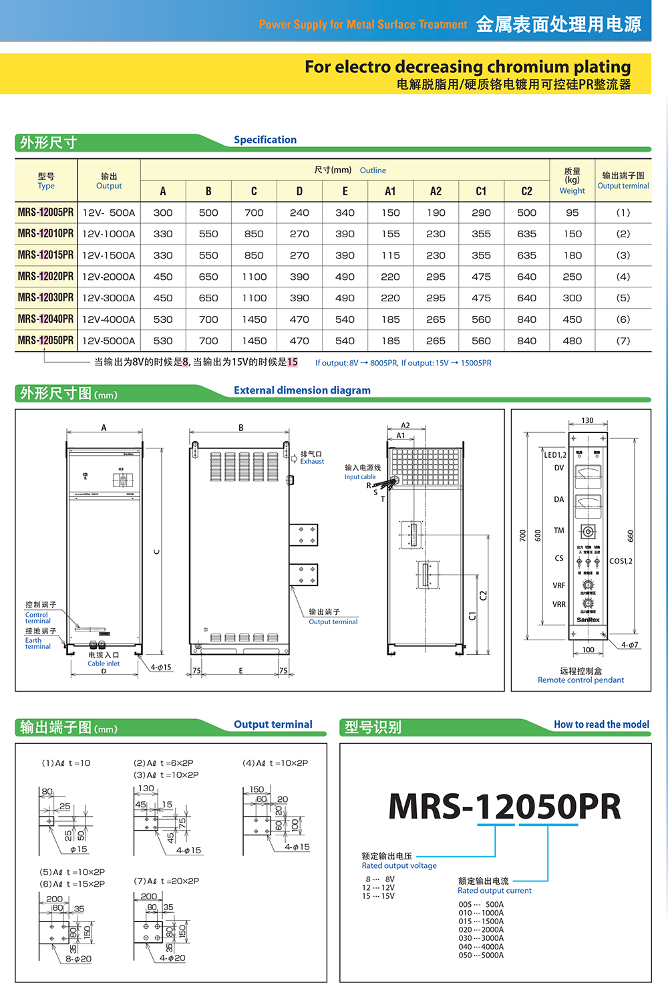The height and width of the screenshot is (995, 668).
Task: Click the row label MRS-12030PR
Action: pyautogui.click(x=45, y=297)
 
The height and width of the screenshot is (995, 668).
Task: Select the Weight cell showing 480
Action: pyautogui.click(x=572, y=341)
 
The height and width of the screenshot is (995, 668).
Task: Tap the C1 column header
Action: pyautogui.click(x=481, y=191)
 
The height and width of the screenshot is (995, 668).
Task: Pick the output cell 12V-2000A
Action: pyautogui.click(x=109, y=277)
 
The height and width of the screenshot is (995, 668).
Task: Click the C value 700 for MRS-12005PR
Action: pyautogui.click(x=254, y=212)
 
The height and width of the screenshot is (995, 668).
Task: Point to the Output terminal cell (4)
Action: pyautogui.click(x=623, y=277)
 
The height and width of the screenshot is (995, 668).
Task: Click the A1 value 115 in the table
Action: pyautogui.click(x=390, y=255)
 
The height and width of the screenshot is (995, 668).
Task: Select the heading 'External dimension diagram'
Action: pyautogui.click(x=302, y=390)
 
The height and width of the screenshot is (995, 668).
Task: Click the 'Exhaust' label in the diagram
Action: pyautogui.click(x=312, y=462)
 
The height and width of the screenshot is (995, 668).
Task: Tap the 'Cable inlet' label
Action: pyautogui.click(x=104, y=664)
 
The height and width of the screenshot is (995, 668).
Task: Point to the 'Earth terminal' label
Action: pyautogui.click(x=37, y=644)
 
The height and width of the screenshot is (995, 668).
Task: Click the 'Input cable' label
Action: pyautogui.click(x=360, y=477)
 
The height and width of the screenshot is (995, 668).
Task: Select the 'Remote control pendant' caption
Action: pyautogui.click(x=580, y=680)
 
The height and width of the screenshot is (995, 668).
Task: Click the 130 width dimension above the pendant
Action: pyautogui.click(x=587, y=420)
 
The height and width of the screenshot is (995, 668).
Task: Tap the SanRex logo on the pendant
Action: pyautogui.click(x=588, y=620)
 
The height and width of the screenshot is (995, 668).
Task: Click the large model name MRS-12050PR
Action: pyautogui.click(x=504, y=807)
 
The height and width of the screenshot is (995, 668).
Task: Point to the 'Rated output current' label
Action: pyautogui.click(x=494, y=891)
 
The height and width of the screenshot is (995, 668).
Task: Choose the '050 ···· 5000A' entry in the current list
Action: pyautogui.click(x=481, y=956)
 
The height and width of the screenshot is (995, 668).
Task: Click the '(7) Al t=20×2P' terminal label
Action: pyautogui.click(x=166, y=881)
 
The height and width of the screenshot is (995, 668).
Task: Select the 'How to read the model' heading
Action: pyautogui.click(x=601, y=724)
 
